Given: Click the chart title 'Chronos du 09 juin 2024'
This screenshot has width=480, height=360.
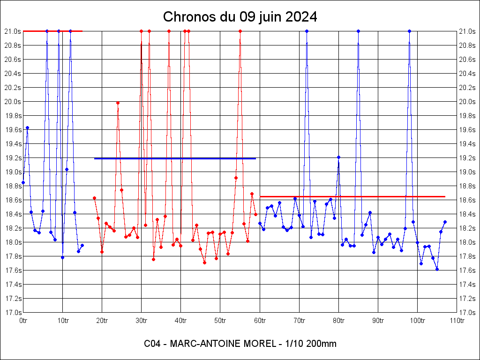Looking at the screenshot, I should pos(240,17).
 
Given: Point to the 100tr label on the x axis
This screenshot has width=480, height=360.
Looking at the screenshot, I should pos(417,321).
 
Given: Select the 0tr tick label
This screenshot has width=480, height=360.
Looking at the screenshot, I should pos(23,321).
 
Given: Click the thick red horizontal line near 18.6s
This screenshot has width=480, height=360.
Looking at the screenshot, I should pos(352,196).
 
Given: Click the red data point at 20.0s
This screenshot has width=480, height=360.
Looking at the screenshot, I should pos(118,103).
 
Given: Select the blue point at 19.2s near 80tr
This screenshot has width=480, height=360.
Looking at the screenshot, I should pos(338,157).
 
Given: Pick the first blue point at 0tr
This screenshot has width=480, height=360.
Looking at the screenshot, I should pos(23,182).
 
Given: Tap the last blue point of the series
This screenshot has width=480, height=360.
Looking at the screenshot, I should pos(445,222).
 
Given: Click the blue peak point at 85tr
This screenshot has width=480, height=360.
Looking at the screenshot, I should pos(358,31).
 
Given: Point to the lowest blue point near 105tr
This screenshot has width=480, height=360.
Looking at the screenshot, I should pos(437,269).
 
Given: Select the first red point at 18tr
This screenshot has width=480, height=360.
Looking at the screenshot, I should pos(94,198).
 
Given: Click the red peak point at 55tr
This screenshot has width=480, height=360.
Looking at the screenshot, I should pos(240,31).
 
